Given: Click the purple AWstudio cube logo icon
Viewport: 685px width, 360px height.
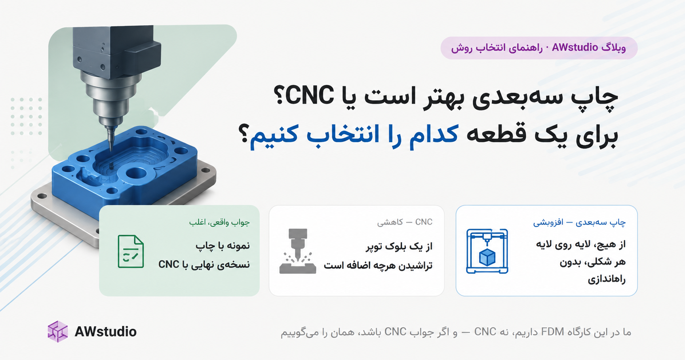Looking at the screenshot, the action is click(58, 331).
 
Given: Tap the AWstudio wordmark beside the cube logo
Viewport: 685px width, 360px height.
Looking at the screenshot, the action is click(105, 332).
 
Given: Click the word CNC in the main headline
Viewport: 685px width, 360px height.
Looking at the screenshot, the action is click(310, 97).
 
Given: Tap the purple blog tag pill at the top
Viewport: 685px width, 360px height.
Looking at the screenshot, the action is click(539, 48).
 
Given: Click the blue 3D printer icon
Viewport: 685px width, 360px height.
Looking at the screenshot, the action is click(487, 251).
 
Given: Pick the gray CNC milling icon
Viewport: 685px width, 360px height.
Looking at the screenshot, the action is click(298, 251).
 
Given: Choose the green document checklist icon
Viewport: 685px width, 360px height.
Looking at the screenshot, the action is click(131, 251).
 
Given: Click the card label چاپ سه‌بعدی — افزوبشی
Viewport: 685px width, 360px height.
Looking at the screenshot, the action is click(579, 222).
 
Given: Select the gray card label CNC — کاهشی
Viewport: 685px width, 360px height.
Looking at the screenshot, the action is click(405, 222).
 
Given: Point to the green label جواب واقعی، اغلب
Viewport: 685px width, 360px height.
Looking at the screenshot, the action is click(219, 222).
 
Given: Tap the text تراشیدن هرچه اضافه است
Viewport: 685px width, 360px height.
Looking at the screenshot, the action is click(378, 265).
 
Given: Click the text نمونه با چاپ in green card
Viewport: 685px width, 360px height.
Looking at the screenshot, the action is click(223, 246).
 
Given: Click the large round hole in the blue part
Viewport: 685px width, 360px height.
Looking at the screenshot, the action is click(136, 173).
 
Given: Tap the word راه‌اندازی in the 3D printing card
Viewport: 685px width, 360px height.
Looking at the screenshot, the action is click(607, 279).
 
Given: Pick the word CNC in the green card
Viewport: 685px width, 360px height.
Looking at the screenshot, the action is click(169, 264).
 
